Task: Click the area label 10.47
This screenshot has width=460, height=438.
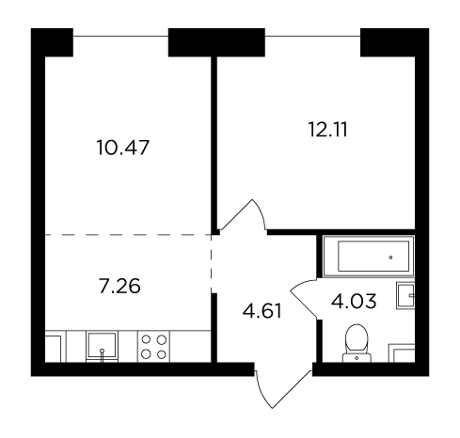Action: click(x=123, y=148)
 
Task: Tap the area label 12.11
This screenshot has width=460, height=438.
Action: click(x=328, y=130)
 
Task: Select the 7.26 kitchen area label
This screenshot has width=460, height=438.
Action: click(x=119, y=287)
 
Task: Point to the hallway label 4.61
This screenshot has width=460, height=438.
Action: click(x=262, y=311)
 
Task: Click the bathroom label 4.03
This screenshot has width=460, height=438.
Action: click(x=354, y=302)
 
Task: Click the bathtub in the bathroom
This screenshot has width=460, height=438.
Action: click(x=369, y=257)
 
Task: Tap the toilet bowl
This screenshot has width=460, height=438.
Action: click(x=357, y=339)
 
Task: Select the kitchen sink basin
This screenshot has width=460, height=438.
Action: click(x=102, y=346)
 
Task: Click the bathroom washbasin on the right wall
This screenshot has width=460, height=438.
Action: click(x=405, y=295)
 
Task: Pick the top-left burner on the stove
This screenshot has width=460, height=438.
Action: click(x=146, y=339)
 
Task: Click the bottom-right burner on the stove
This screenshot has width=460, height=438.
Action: click(x=161, y=354)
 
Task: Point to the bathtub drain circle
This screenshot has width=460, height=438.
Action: click(x=390, y=258)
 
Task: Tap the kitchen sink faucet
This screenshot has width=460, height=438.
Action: click(x=102, y=355)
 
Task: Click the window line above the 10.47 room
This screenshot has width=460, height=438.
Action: click(x=120, y=36)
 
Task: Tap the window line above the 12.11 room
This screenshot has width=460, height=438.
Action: click(x=312, y=36)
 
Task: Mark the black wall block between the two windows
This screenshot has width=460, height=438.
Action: click(x=216, y=42)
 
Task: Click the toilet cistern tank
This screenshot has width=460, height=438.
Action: click(x=357, y=357)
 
